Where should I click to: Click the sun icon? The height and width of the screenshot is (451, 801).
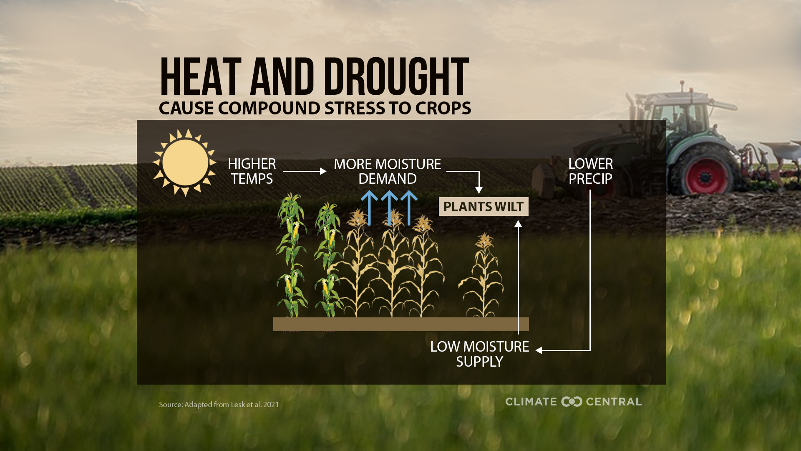185,162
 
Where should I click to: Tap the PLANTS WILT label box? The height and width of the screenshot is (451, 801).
483,207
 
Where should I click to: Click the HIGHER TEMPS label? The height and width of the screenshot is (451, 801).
252,171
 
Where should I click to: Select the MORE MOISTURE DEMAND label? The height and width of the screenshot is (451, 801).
387,171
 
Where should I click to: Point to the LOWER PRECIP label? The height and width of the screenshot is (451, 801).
590,171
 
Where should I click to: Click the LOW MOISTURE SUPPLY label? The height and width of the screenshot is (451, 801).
479,354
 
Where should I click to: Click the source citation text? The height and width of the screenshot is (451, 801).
219,404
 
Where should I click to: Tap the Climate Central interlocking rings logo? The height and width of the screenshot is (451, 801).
572,402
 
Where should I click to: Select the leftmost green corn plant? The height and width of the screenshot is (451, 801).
292,255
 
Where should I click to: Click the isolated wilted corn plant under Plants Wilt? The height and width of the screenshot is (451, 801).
483,276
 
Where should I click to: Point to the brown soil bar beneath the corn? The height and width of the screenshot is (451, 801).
400,324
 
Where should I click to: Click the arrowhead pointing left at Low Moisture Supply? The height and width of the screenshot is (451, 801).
539,350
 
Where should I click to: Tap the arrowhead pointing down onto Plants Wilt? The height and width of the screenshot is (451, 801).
479,190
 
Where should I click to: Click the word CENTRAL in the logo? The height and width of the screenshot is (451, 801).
613,402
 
